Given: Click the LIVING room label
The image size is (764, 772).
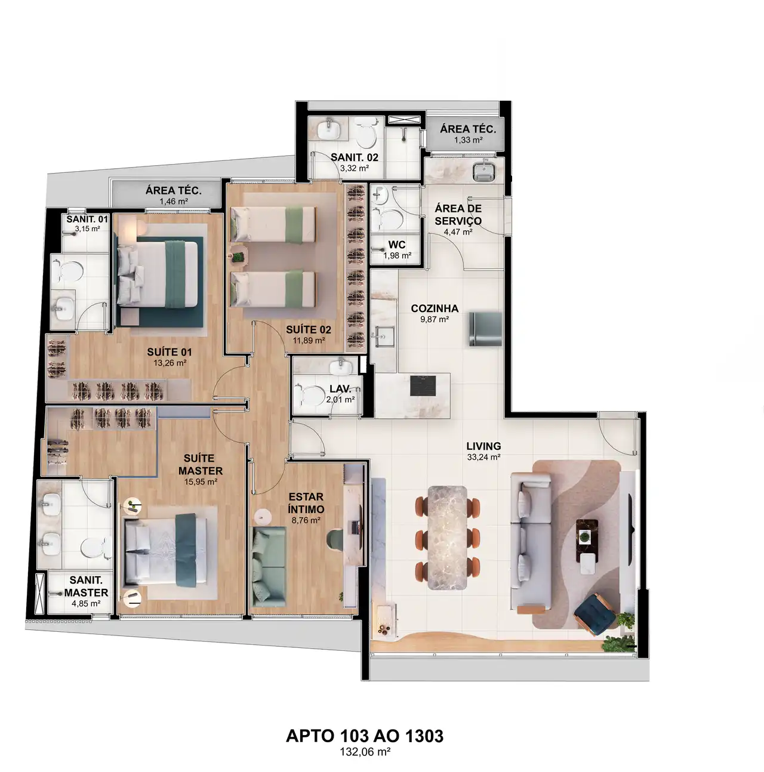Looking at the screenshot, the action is tap(483, 446).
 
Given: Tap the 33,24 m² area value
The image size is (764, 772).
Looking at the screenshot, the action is tap(483, 457).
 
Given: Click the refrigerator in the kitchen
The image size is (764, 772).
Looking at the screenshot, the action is tap(485, 329).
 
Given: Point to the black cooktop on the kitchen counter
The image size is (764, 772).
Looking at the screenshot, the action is tap(423, 386).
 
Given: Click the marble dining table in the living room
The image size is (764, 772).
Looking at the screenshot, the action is tap(447, 538).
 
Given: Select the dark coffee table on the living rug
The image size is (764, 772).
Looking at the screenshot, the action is tap(587, 541).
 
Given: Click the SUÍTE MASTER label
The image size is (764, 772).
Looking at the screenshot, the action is tap(201, 464).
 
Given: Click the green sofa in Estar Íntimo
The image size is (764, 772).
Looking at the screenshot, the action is tap(269, 567).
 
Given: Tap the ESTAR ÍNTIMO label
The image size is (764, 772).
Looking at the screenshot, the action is tap(306, 503).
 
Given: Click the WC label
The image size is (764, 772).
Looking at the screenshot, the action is tap(397, 245).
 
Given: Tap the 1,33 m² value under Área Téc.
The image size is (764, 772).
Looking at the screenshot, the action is tap(468, 140).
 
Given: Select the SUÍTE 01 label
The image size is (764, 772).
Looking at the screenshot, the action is tap(169, 352).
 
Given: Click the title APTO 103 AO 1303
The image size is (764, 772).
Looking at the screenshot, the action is tap(365, 736).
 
